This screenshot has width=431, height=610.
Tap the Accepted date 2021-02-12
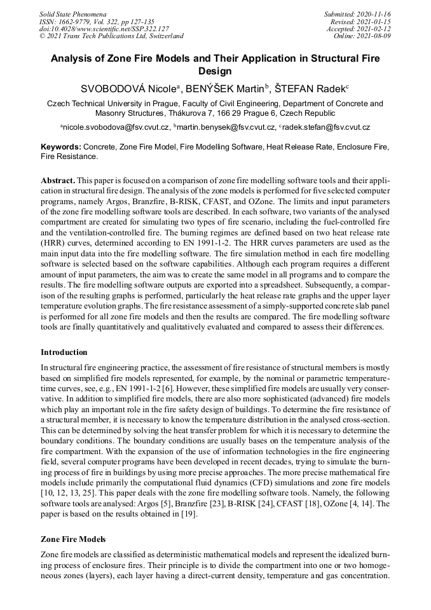point(374,29)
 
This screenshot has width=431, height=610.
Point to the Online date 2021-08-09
point(374,36)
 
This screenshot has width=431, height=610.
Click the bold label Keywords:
point(61,146)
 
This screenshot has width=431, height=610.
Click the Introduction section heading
point(64,352)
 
